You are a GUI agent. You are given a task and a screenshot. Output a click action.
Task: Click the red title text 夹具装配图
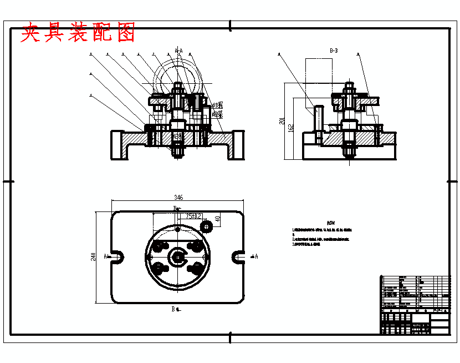78,34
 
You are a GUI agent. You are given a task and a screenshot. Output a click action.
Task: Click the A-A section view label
178,51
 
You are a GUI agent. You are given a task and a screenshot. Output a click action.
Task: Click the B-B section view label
334,51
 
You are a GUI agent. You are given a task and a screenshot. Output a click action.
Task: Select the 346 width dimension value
178,198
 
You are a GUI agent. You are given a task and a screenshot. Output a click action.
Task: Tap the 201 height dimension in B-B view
282,122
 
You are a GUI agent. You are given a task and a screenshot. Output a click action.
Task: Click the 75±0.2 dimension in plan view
193,215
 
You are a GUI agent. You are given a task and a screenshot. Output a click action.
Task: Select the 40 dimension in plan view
218,218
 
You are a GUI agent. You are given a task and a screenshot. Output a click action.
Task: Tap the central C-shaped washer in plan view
178,256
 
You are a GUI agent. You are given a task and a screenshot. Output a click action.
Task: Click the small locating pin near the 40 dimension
207,226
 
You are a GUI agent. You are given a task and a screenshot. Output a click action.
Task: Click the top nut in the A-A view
177,87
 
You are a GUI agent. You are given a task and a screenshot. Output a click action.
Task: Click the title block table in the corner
415,304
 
